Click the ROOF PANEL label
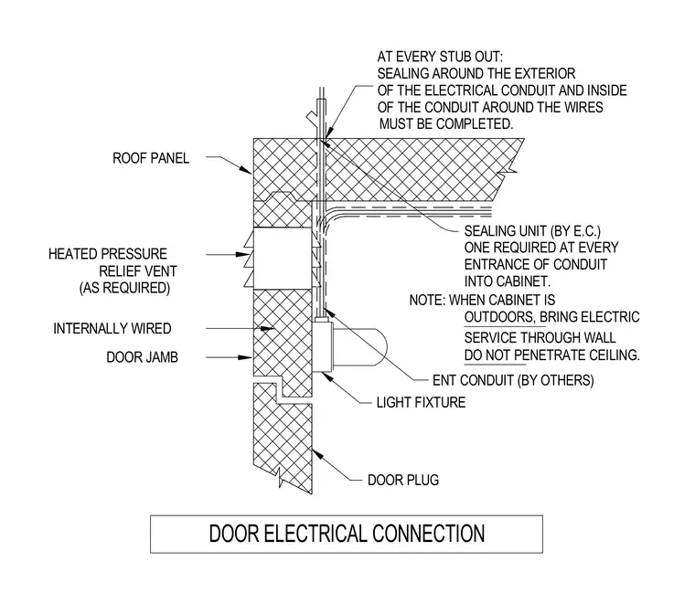(151, 158)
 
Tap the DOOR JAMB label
(143, 357)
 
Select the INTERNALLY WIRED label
(112, 329)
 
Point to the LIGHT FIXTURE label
(421, 403)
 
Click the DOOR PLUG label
(403, 480)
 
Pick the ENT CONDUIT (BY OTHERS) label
(513, 380)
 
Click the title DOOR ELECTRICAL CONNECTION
(347, 534)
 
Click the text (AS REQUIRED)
(124, 288)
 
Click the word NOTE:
(428, 301)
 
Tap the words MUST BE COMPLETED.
(446, 124)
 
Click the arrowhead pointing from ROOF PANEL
(246, 170)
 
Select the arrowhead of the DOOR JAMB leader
(246, 357)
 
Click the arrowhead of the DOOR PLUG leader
(317, 454)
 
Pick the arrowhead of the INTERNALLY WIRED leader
(267, 329)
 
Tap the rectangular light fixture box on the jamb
(323, 346)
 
